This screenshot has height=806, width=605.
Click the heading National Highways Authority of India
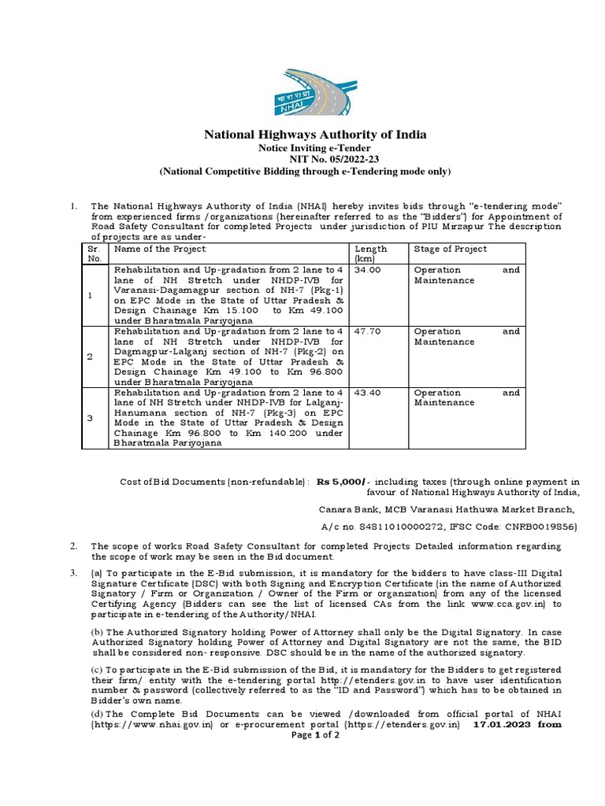[x=315, y=135]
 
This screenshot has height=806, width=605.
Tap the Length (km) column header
[x=371, y=253]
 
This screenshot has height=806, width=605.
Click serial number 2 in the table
[x=90, y=357]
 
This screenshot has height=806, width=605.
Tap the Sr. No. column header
[x=94, y=253]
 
